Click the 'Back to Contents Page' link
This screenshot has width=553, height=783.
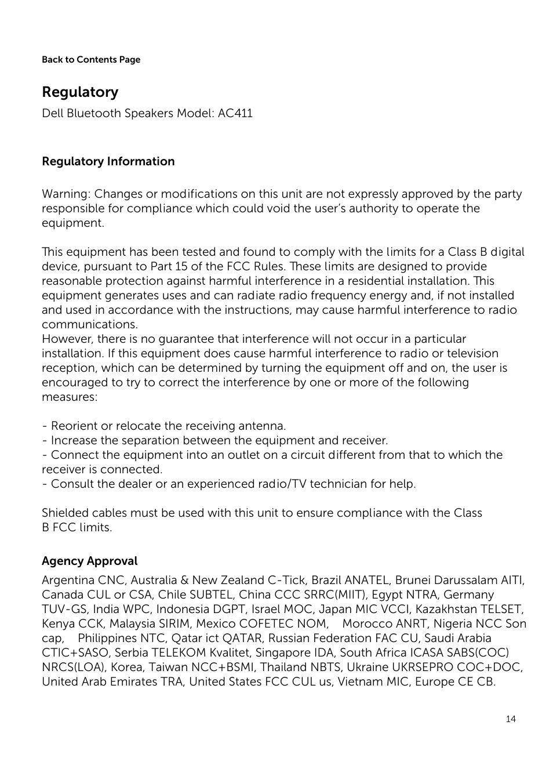(x=91, y=60)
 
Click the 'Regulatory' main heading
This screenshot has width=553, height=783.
(x=80, y=92)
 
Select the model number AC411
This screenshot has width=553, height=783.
(x=235, y=113)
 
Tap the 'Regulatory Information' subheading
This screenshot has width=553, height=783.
(x=108, y=162)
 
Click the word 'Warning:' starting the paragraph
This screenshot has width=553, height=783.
(x=66, y=194)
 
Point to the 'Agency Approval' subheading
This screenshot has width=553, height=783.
(x=89, y=561)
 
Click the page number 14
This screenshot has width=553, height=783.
(x=510, y=719)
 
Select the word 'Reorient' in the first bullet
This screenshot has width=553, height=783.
(x=74, y=426)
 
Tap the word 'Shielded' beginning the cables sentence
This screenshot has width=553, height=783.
(x=65, y=513)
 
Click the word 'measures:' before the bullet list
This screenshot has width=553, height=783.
(x=70, y=397)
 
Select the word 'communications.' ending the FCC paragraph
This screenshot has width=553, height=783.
(x=89, y=325)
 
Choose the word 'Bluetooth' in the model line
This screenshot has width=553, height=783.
(x=93, y=113)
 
